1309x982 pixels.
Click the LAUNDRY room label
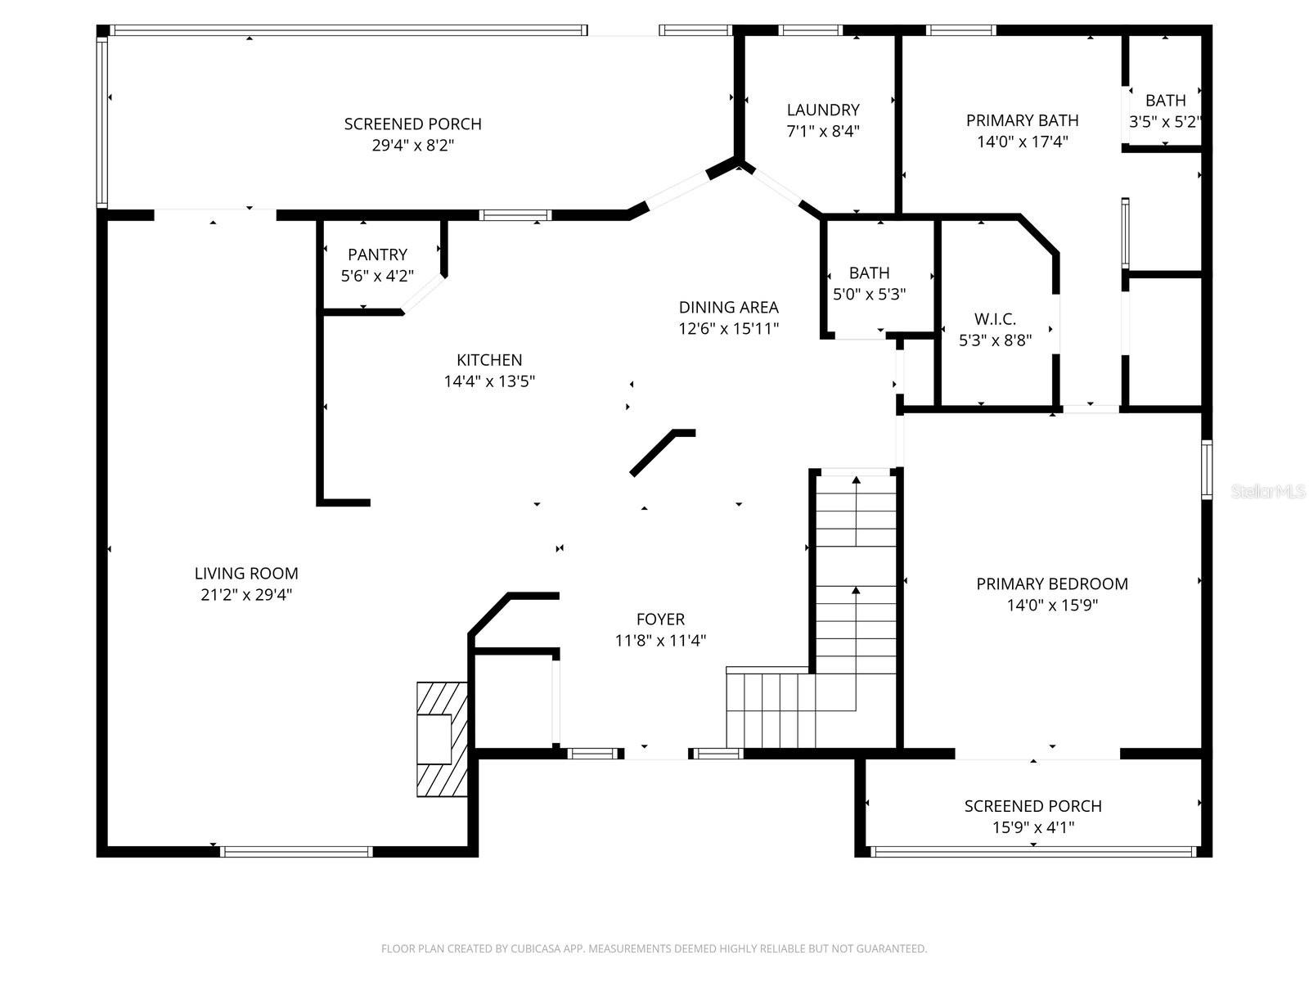pos(822,110)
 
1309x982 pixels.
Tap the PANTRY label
pos(377,255)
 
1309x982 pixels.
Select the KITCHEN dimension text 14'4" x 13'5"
pos(489,381)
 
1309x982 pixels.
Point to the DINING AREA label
pos(728,307)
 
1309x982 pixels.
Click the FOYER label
pos(660,619)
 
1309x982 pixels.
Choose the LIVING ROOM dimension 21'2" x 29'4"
pos(246,594)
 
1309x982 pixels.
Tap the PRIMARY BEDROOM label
pos(1052,583)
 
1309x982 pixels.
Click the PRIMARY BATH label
pos(1022,120)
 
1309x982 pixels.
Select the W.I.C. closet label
pos(995,319)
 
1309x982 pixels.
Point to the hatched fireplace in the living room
pos(442,739)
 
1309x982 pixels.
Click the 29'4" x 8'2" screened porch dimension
pos(412,146)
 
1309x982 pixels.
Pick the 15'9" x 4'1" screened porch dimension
pos(1033,827)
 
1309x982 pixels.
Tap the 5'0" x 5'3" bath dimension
pos(869,294)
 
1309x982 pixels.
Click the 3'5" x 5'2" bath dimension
pos(1165,122)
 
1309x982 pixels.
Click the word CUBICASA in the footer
pos(536,948)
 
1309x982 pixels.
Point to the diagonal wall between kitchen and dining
pos(662,453)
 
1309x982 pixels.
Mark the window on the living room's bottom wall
pos(296,851)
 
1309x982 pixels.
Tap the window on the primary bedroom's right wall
pos(1207,469)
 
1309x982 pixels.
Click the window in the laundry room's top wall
pos(811,30)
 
